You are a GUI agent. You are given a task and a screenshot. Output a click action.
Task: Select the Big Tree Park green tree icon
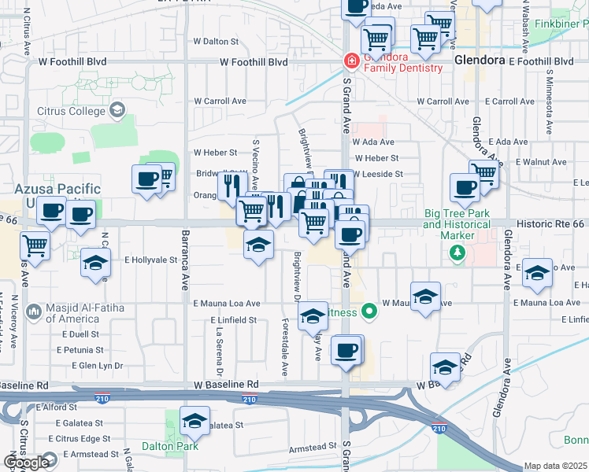point(456,252)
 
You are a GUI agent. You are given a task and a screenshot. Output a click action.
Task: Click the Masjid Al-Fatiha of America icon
point(34,312)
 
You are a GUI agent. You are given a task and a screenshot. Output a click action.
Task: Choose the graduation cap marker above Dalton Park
point(194,421)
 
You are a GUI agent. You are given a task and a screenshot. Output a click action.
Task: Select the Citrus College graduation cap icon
point(119,109)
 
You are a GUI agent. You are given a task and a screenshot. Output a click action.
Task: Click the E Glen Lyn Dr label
point(98,366)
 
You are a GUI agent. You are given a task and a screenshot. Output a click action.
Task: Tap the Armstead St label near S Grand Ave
point(313,447)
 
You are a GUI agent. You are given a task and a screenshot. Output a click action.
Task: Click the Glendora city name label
point(479,61)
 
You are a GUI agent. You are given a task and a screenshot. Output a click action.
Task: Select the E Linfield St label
point(233,320)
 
